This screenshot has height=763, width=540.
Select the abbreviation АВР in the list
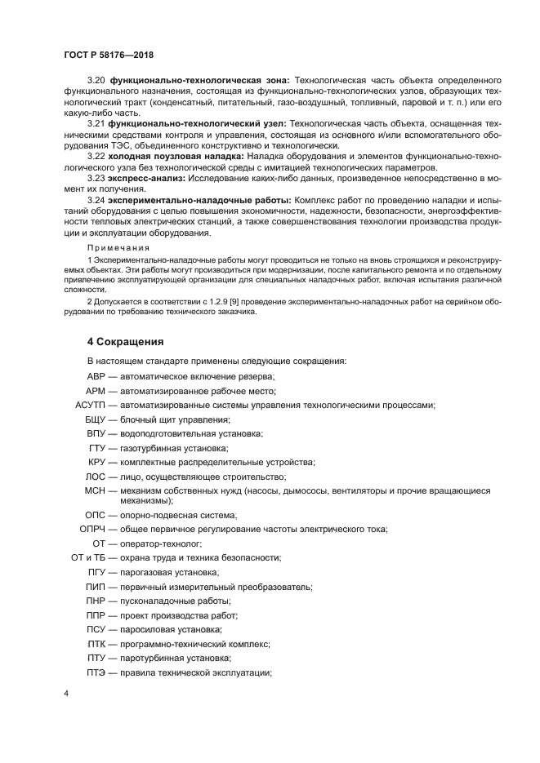coord(97,376)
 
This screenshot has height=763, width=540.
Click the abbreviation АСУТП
coord(91,405)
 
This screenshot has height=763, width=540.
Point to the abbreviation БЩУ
coord(96,419)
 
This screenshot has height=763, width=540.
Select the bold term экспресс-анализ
coord(147,176)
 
